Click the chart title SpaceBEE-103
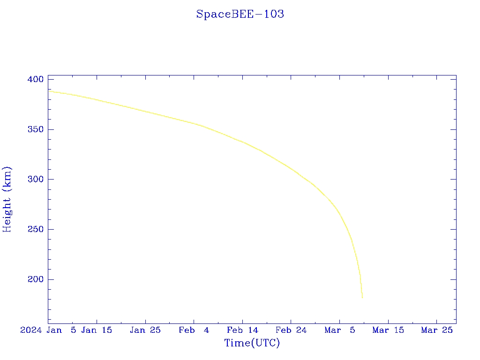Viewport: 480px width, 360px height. pyautogui.click(x=240, y=14)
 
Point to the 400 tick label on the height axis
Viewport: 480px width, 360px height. pyautogui.click(x=36, y=80)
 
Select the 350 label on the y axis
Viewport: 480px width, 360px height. pyautogui.click(x=36, y=129)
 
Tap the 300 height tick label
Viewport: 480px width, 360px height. pyautogui.click(x=36, y=180)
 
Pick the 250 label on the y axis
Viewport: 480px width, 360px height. pyautogui.click(x=36, y=230)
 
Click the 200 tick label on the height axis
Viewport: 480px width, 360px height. pyautogui.click(x=36, y=279)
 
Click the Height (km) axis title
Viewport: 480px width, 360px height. pyautogui.click(x=7, y=199)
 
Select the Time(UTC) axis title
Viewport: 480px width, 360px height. pyautogui.click(x=252, y=343)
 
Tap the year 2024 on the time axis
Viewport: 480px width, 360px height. pyautogui.click(x=31, y=330)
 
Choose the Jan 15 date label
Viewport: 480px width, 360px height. pyautogui.click(x=97, y=330)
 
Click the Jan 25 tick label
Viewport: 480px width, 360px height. pyautogui.click(x=145, y=330)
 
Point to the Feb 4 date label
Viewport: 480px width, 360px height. pyautogui.click(x=194, y=330)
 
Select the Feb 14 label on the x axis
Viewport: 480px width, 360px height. pyautogui.click(x=242, y=330)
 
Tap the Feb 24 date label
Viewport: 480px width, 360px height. pyautogui.click(x=291, y=330)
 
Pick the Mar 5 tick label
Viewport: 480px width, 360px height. pyautogui.click(x=340, y=330)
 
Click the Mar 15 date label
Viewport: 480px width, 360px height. pyautogui.click(x=388, y=330)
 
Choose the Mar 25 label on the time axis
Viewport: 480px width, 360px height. pyautogui.click(x=437, y=330)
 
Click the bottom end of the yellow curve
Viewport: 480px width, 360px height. pyautogui.click(x=362, y=298)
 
